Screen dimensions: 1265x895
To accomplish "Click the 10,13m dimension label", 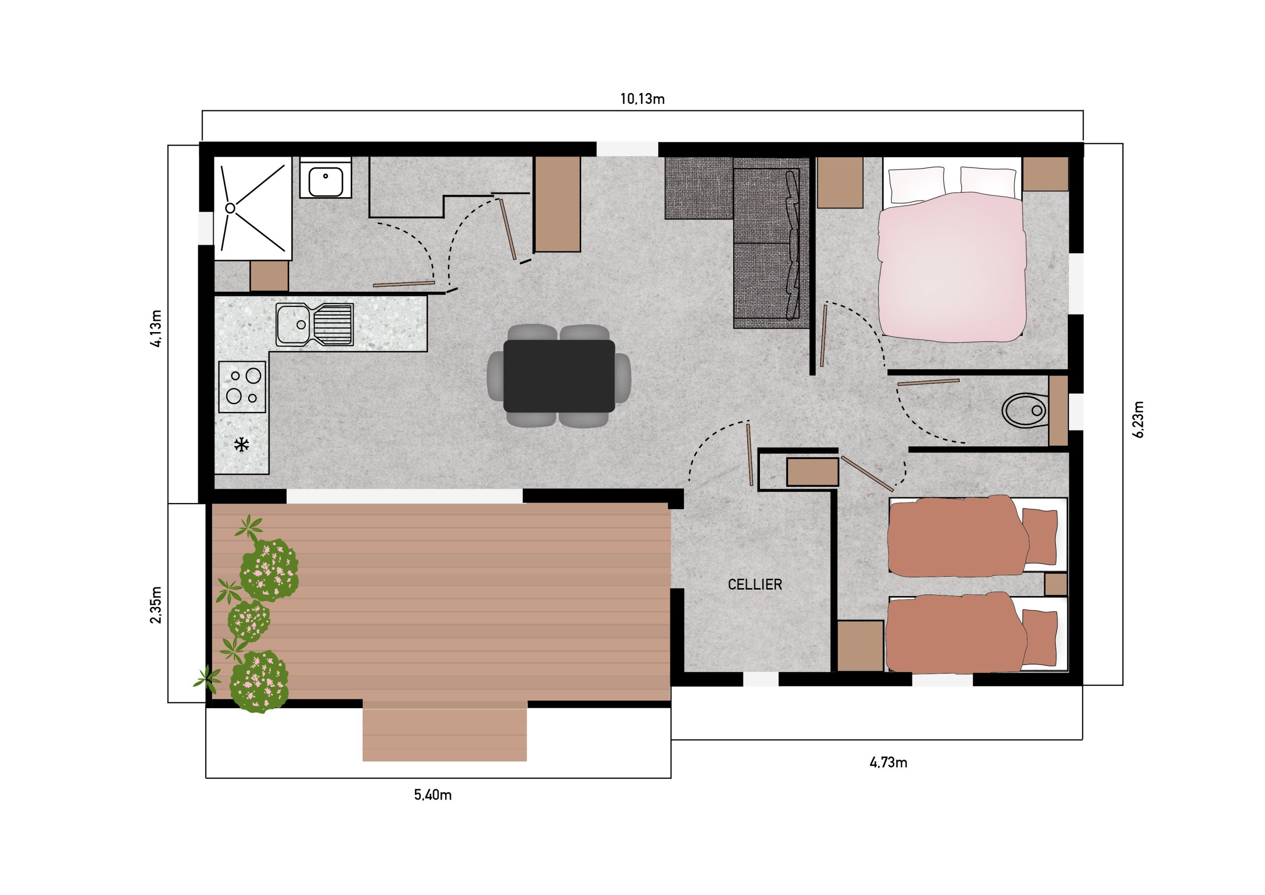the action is coord(642,99).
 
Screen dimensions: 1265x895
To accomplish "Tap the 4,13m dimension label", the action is coord(156,329).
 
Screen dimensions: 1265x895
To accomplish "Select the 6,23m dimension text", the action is coord(1139,420).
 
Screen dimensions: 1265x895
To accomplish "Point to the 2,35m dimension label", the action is coord(156,604).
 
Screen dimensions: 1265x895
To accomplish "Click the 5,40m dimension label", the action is coord(432,795).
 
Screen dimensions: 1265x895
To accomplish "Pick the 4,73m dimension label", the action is coord(888,763).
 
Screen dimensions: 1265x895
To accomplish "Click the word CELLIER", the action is coord(755,585).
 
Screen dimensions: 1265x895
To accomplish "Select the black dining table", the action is coord(559,376).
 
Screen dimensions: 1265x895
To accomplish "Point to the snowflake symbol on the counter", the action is coord(241,445).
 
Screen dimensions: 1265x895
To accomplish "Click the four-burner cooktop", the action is coord(243,387).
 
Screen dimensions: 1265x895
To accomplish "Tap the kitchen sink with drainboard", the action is coord(315,325).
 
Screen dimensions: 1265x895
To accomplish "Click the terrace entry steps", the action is coord(445,734).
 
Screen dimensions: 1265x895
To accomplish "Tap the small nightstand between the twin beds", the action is coord(1055,584).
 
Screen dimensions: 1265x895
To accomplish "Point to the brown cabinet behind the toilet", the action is coord(1058,411).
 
